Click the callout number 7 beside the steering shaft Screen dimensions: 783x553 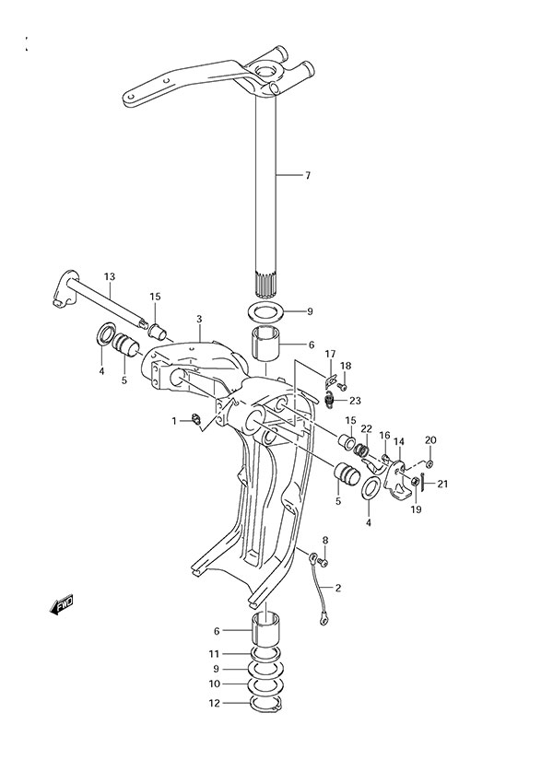309,174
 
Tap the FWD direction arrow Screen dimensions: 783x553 63,605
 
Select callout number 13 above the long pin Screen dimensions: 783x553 109,277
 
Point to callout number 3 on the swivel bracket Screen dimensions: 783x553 198,320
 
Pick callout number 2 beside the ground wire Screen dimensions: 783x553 337,587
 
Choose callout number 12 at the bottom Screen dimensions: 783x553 215,704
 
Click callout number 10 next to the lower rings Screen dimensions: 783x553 215,684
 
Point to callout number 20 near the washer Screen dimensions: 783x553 430,439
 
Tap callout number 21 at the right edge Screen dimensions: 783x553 442,485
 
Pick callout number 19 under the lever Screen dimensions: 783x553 417,509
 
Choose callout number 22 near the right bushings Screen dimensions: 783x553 366,428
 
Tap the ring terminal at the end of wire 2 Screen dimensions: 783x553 324,621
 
